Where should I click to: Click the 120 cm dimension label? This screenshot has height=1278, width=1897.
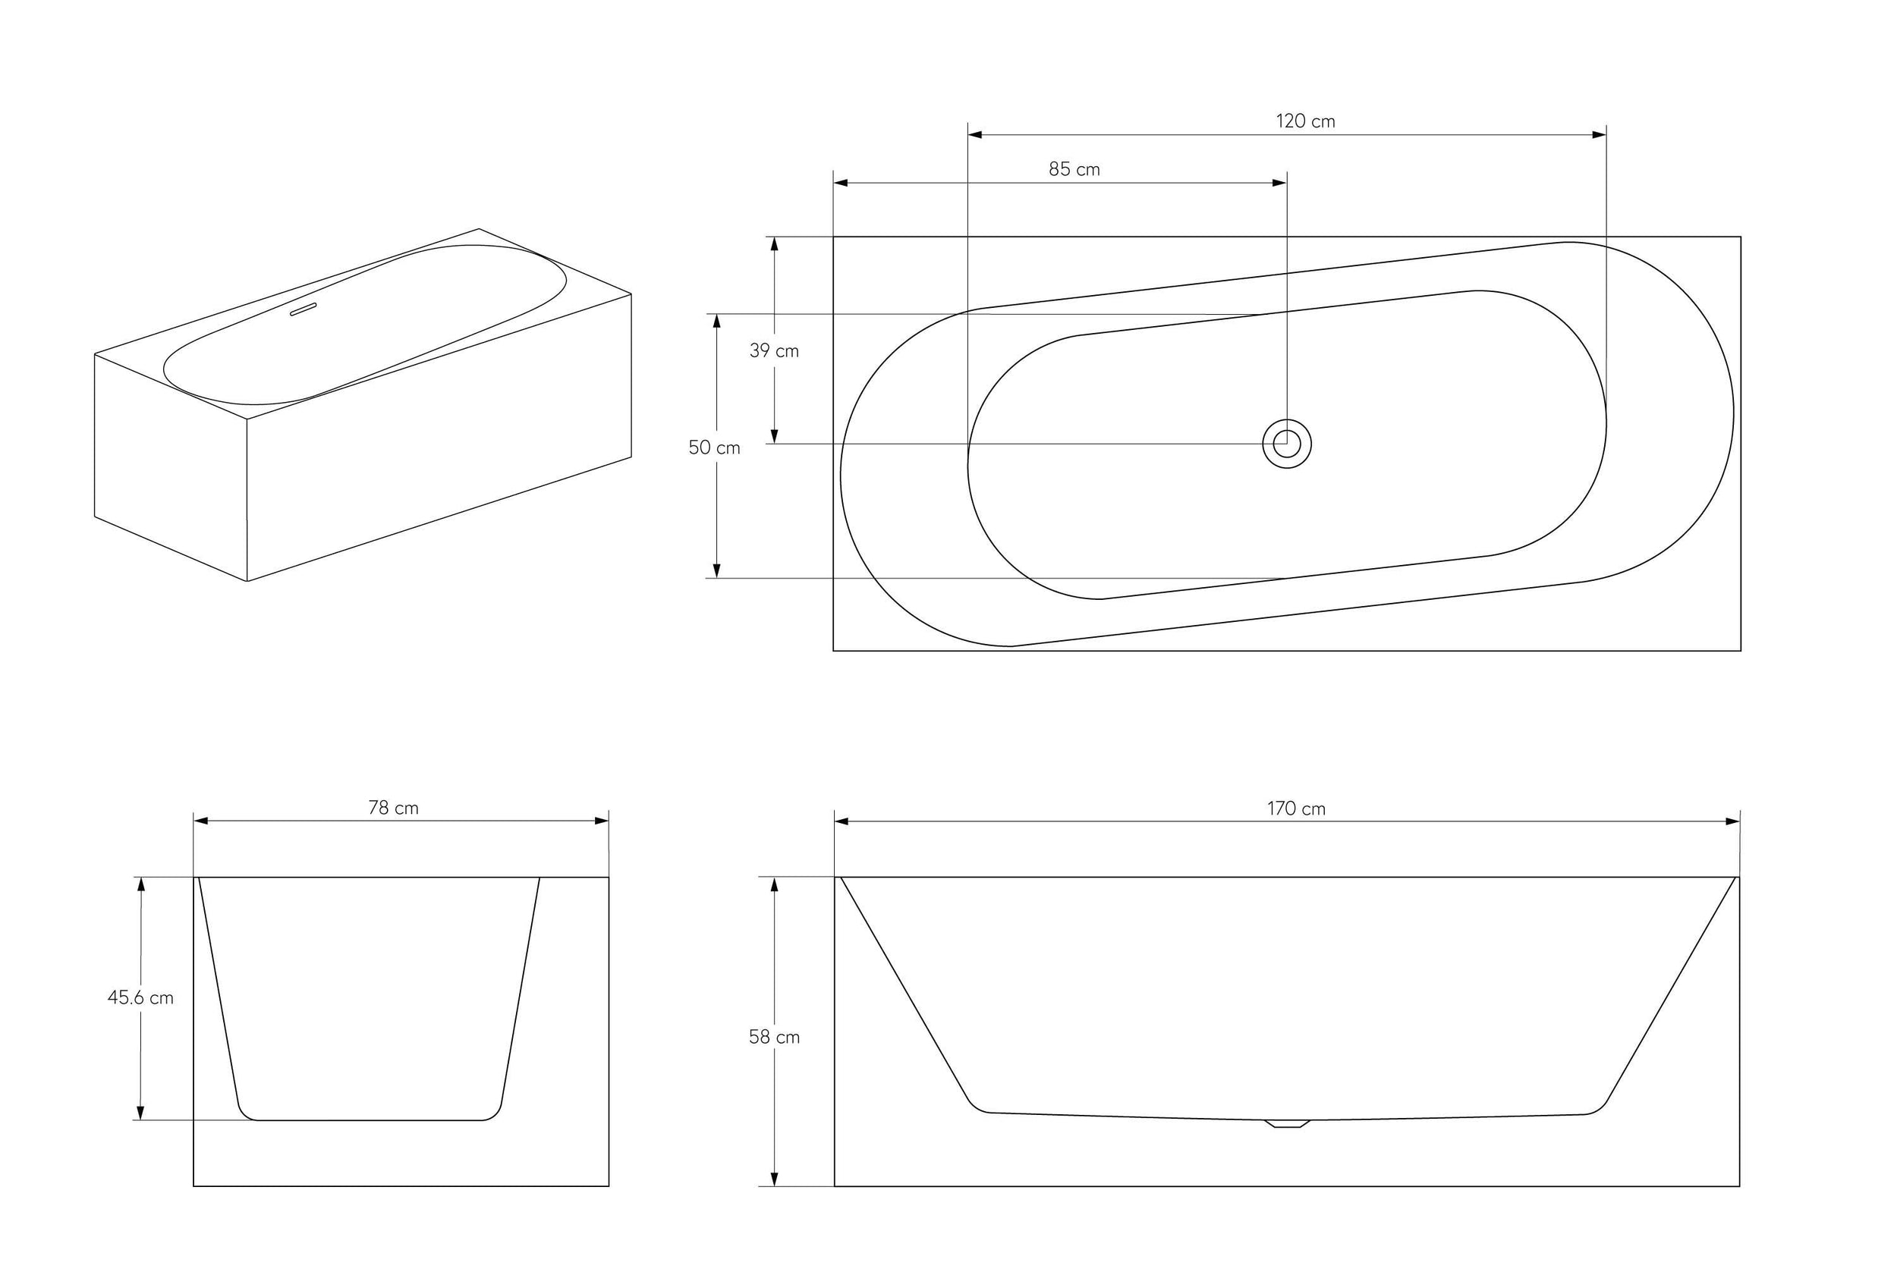(1304, 121)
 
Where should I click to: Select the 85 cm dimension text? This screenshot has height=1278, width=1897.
(1074, 170)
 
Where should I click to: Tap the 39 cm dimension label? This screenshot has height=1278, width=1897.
(774, 351)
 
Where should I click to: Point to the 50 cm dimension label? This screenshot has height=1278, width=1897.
(714, 447)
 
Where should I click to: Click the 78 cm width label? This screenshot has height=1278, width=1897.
(393, 808)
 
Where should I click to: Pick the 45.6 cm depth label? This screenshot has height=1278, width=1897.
(140, 997)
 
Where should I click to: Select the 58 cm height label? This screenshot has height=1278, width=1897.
(774, 1037)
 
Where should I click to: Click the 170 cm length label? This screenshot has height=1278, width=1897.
(1295, 809)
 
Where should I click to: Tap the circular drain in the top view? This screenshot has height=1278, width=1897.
(1286, 444)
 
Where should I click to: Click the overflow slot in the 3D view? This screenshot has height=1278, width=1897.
(303, 309)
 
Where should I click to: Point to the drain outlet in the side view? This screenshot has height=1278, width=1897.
(1286, 1124)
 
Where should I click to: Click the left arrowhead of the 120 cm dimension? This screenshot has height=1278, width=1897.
(975, 134)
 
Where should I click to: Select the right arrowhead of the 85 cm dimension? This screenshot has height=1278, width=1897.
(1279, 184)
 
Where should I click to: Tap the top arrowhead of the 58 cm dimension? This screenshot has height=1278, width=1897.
(774, 884)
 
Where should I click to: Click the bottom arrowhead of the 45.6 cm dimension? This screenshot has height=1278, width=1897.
(140, 1113)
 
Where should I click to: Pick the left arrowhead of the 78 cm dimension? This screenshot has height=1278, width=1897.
(201, 821)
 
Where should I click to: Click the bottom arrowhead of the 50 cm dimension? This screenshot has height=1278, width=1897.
(716, 570)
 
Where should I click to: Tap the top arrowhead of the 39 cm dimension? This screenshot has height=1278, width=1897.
(774, 244)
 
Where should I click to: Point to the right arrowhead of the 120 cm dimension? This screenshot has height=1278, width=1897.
(1599, 134)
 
